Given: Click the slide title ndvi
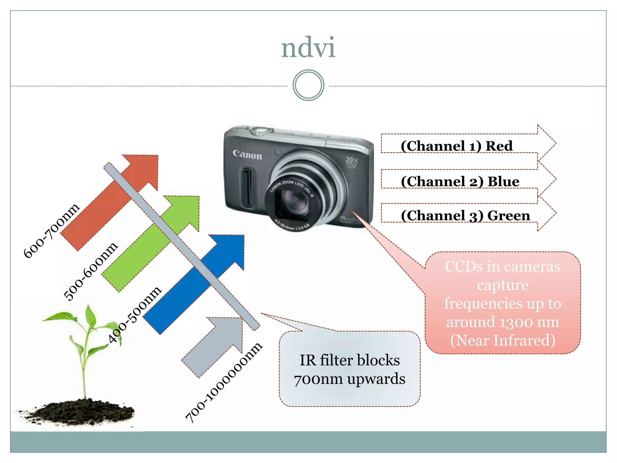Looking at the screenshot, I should pos(308,47).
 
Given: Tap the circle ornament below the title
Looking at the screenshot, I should pos(308,85).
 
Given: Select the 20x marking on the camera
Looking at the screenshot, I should pos(351,160).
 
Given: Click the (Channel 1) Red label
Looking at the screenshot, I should pos(456,146).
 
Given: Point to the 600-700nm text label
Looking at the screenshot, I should pos(51,231).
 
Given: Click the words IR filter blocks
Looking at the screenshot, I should pos(349,360).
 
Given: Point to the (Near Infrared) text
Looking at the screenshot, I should pos(503,341).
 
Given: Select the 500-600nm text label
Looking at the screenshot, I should pos(90,271).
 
